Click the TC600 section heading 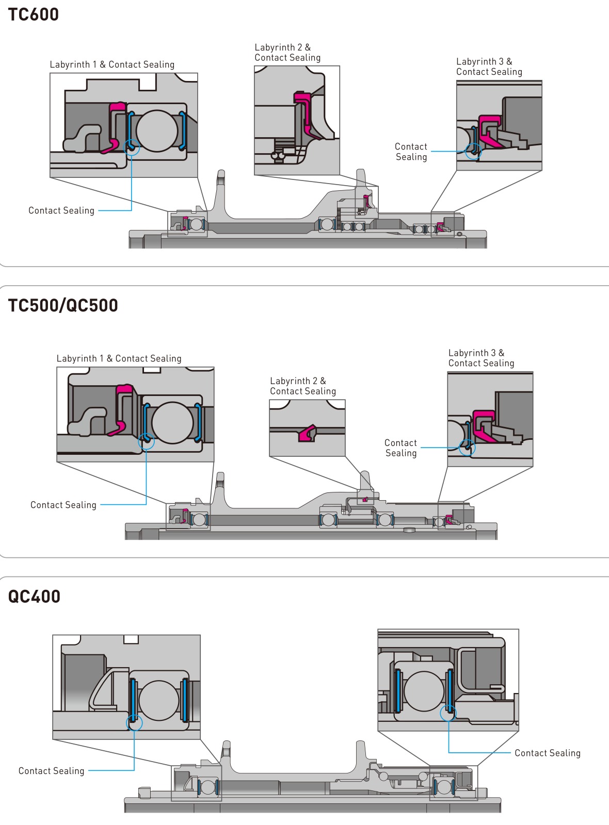tap(33, 14)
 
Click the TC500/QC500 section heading tap(62, 305)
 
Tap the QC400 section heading tap(34, 596)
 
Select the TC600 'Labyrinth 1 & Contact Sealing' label tap(112, 64)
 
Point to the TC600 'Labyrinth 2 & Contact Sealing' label tap(287, 52)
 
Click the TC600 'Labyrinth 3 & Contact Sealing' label tap(489, 67)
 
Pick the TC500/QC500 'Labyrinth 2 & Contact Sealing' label tap(303, 386)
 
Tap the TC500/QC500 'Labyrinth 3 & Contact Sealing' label tap(481, 358)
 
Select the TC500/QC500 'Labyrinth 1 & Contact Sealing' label tap(119, 358)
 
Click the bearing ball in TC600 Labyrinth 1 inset tap(157, 131)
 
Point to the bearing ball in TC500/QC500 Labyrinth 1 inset tap(172, 422)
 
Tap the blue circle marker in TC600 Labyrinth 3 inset tap(473, 152)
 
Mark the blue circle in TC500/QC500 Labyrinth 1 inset tap(146, 441)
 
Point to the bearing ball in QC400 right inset tap(424, 690)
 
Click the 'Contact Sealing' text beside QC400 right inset tap(548, 753)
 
